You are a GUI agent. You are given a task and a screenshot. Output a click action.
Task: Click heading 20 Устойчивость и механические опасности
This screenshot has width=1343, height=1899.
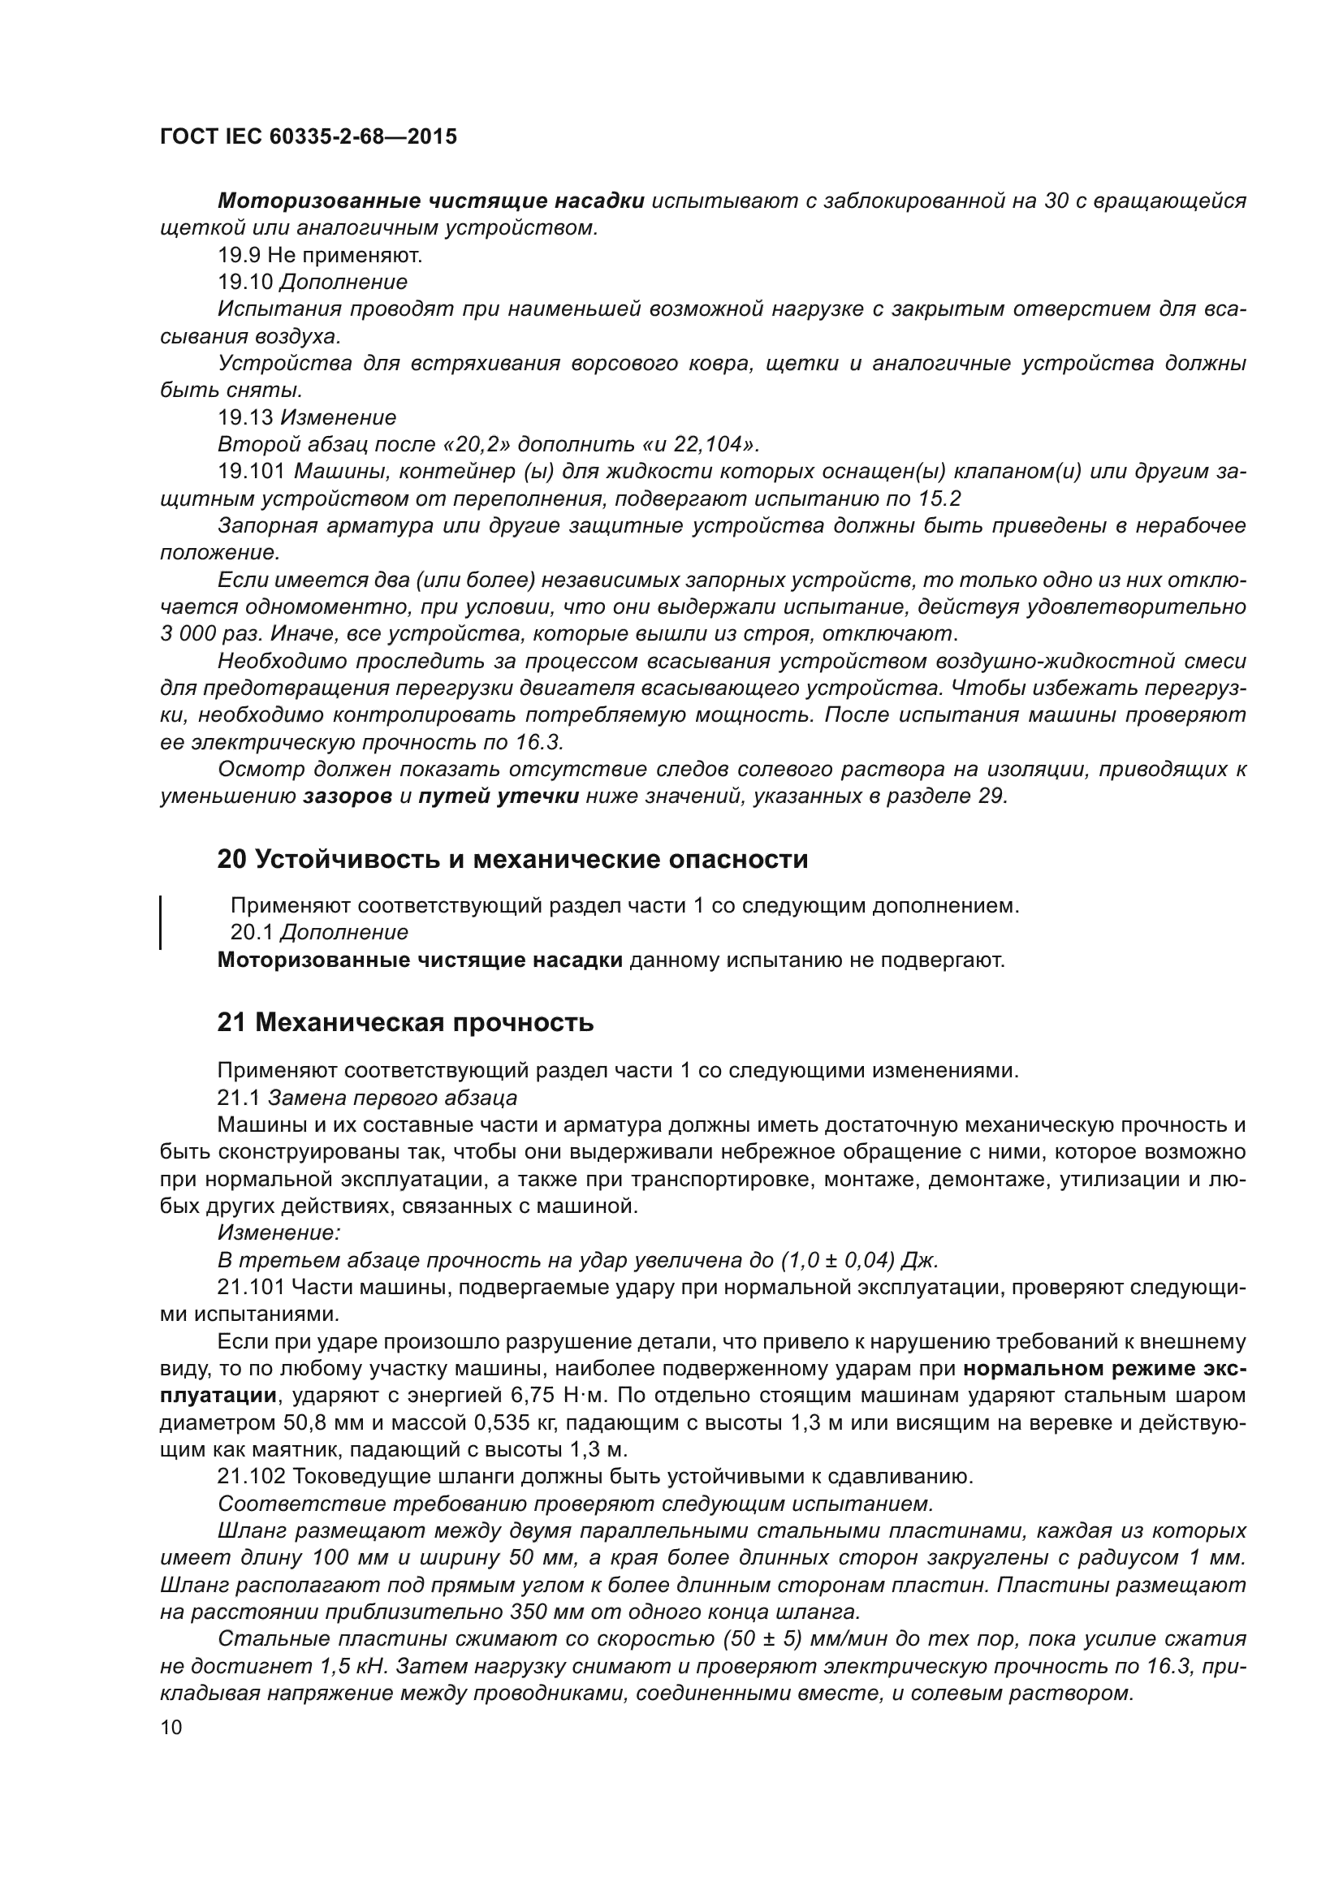point(512,860)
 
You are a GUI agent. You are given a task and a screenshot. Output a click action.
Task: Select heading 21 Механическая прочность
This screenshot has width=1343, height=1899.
point(405,1023)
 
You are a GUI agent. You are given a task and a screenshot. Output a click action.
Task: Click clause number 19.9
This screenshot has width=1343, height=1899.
point(239,255)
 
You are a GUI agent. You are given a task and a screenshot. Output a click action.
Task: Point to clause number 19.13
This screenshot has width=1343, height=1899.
point(245,416)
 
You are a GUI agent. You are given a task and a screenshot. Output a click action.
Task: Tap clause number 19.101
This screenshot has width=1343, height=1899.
point(252,472)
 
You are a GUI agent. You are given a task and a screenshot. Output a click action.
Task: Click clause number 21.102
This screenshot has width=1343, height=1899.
point(252,1476)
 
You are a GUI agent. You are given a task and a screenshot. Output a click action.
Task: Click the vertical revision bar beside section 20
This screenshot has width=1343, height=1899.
point(161,921)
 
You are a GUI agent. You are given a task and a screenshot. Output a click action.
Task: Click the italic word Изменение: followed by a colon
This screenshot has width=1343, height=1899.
point(279,1233)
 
